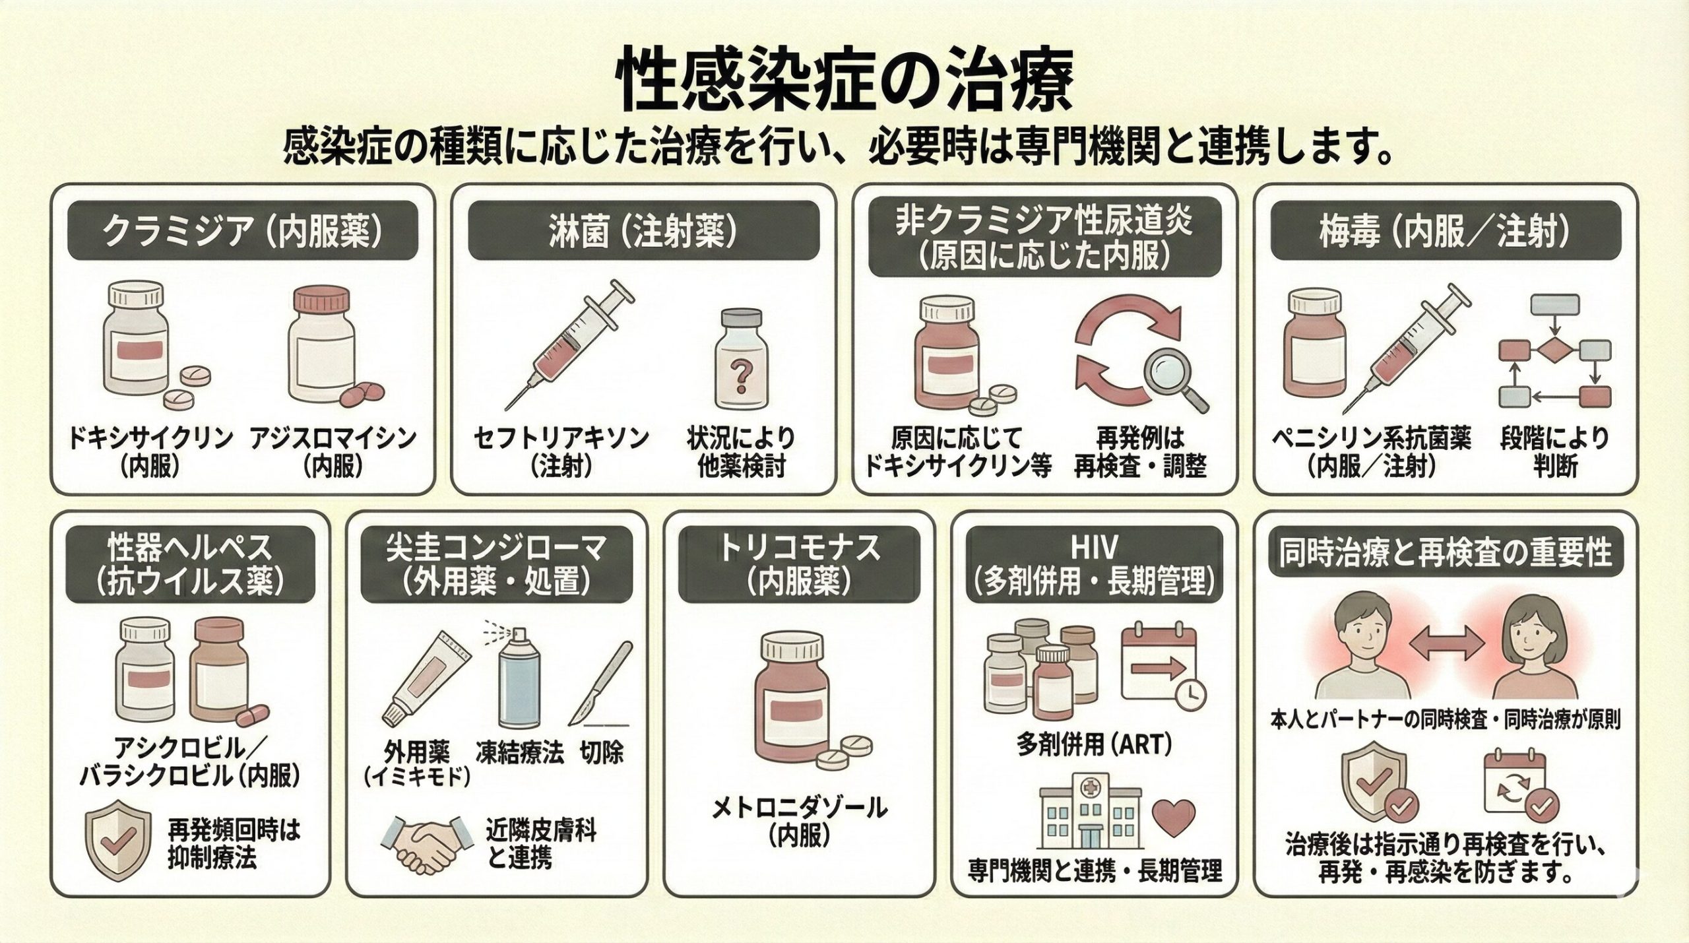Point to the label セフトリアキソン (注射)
click(561, 452)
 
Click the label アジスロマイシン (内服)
click(333, 452)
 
